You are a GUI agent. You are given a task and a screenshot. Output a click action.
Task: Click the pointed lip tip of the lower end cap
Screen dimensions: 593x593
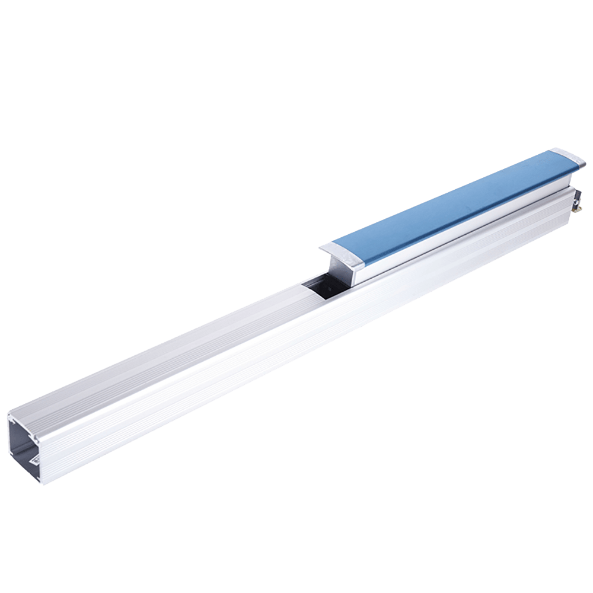tap(320, 248)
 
